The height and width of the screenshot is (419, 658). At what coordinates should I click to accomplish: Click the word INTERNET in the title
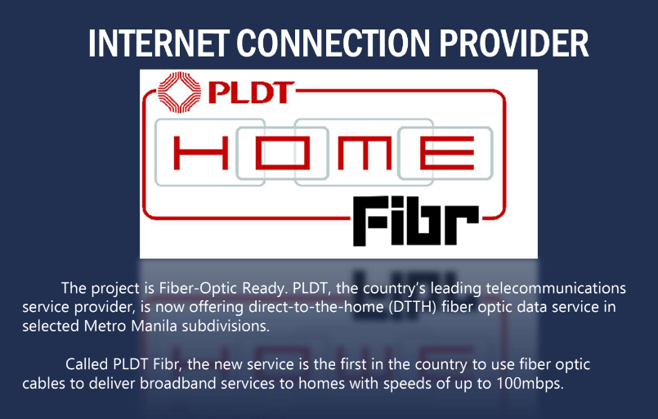tap(159, 43)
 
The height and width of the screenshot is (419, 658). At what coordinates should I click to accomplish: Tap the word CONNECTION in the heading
tap(333, 43)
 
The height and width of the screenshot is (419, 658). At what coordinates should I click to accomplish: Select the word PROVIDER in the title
tap(514, 43)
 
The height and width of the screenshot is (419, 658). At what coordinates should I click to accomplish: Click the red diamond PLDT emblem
tap(179, 92)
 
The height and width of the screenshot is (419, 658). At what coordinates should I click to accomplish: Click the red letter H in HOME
tap(201, 153)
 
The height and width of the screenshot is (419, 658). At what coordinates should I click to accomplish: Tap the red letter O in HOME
tap(283, 153)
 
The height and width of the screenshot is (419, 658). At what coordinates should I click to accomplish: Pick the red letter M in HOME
tap(365, 153)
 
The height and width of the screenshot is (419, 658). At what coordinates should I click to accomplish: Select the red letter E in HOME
tap(447, 153)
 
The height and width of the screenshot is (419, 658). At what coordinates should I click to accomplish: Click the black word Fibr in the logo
tap(415, 221)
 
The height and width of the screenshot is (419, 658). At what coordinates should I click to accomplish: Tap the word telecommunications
tap(556, 288)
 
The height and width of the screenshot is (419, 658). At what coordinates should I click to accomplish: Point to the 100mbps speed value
tap(530, 384)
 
